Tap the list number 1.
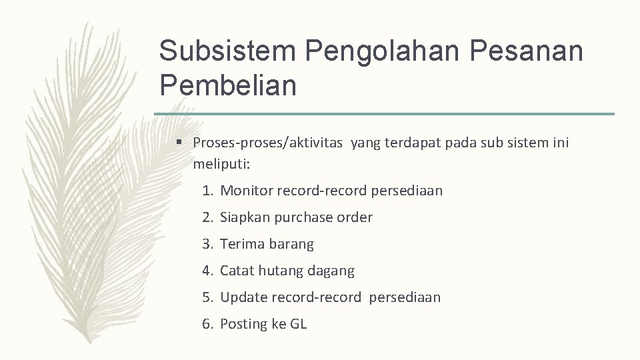coord(208,191)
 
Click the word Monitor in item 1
coord(247,191)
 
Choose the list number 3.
coord(208,244)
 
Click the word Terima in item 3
coord(242,244)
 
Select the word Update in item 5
coord(243,297)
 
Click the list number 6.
coord(208,324)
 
